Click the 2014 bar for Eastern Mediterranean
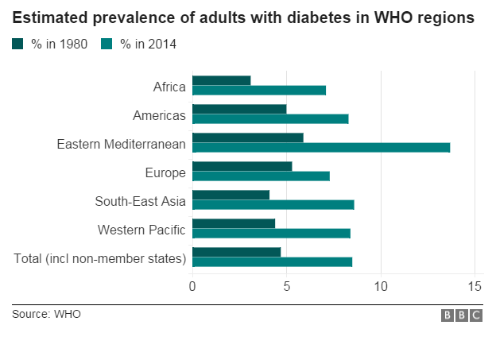click(x=321, y=147)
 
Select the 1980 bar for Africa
click(x=222, y=80)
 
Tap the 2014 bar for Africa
click(x=259, y=90)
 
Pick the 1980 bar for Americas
click(x=239, y=109)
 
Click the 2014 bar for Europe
click(x=261, y=176)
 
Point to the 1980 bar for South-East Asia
click(x=231, y=195)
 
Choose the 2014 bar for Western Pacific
click(x=271, y=233)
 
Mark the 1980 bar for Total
click(x=236, y=252)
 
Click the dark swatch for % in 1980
click(x=17, y=45)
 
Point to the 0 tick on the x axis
click(x=192, y=286)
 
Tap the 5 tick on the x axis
click(x=287, y=286)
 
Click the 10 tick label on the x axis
click(x=381, y=286)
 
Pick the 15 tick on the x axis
click(x=475, y=286)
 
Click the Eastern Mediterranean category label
click(x=121, y=144)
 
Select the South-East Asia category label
click(x=140, y=201)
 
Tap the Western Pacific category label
click(x=141, y=230)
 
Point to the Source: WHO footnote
click(x=46, y=315)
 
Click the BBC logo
click(x=462, y=315)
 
